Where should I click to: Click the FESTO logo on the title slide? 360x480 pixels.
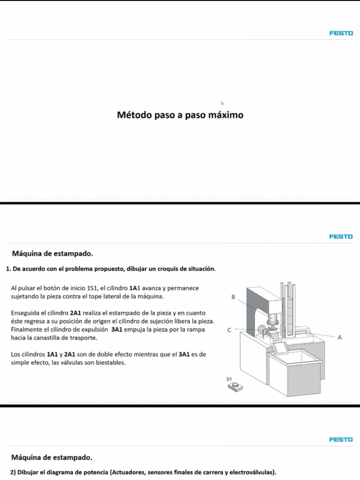[341, 33]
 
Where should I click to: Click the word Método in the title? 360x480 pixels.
[134, 115]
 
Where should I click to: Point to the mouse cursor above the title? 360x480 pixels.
[223, 103]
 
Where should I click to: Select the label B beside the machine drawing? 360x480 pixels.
[233, 297]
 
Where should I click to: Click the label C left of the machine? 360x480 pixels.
[229, 330]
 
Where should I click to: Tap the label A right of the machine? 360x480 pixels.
[339, 337]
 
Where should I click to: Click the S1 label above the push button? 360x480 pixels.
[229, 378]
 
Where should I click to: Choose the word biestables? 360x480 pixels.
[111, 362]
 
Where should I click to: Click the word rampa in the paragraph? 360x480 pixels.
[196, 330]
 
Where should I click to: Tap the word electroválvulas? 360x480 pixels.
[250, 472]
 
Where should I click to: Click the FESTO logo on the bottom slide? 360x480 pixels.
[341, 440]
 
